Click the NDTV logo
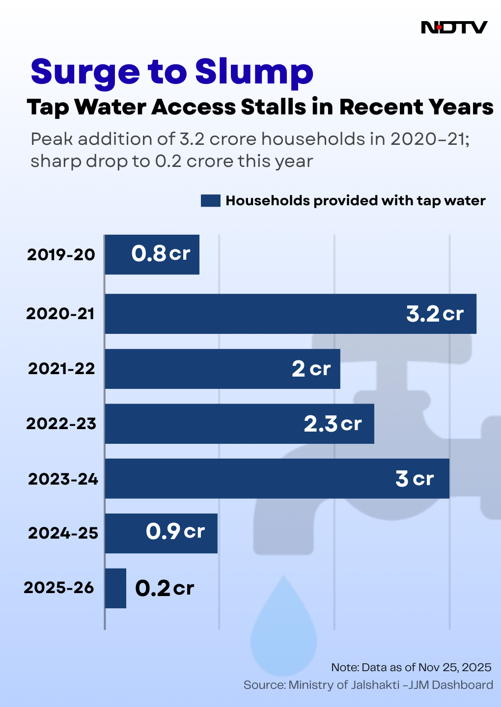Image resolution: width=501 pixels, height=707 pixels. pos(454,27)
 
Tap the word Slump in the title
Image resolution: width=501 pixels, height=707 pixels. pos(254,72)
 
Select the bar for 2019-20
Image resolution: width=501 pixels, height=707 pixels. pos(152,254)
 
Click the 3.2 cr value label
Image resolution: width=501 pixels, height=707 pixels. pos(435,314)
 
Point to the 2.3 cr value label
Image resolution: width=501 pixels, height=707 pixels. pos(333,424)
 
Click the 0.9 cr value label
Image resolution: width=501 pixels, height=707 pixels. pos(175,531)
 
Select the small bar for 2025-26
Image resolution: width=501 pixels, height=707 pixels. pos(115,588)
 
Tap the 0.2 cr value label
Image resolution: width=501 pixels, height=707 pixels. pos(165,588)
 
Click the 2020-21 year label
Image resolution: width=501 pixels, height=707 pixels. pos(60,314)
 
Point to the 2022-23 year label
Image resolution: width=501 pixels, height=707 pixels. pos(61,424)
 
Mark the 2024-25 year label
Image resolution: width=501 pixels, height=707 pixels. pos(63,533)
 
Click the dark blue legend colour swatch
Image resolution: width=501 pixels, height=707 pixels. pos(210,201)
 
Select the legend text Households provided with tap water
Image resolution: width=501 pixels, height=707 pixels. pos(355,201)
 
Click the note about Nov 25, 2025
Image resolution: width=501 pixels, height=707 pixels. pos(411,667)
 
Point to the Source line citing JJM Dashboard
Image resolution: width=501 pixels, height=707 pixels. pos(368,685)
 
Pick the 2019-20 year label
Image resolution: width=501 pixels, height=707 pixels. pos(61,254)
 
